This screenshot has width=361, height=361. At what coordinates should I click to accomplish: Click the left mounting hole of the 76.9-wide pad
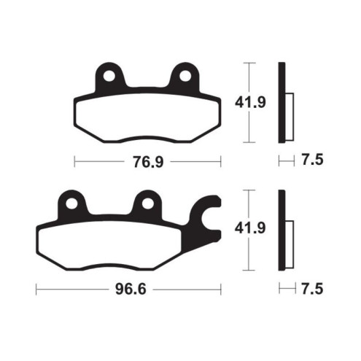[110, 75]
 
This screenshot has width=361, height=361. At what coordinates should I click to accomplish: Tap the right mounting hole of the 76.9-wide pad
[184, 75]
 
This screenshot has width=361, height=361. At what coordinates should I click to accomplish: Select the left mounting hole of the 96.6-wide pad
[72, 202]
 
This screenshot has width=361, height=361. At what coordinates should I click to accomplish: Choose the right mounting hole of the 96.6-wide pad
[147, 202]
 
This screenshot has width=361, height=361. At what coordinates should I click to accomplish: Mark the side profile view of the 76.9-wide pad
[282, 104]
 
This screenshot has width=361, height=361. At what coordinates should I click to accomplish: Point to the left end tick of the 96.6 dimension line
[36, 290]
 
